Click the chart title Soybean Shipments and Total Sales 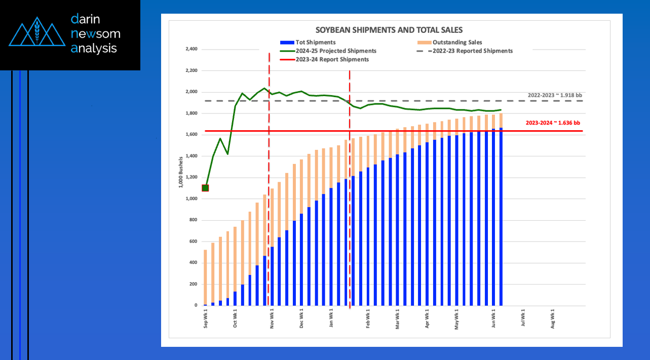(389, 30)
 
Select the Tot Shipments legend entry (308, 43)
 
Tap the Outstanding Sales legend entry (449, 43)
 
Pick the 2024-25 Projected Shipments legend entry (328, 51)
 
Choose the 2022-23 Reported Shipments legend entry (465, 51)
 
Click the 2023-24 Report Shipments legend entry (324, 59)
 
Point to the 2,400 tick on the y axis (191, 49)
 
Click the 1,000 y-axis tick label (191, 198)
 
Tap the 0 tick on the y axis (196, 305)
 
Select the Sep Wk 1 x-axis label (206, 318)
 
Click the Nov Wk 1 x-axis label (272, 318)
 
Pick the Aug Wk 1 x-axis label (553, 318)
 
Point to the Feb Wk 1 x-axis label (368, 318)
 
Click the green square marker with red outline (205, 188)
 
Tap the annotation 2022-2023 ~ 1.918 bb (555, 95)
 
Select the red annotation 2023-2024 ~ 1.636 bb (553, 123)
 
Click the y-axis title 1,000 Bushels (181, 172)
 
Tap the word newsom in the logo (95, 33)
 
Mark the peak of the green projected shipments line (264, 88)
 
